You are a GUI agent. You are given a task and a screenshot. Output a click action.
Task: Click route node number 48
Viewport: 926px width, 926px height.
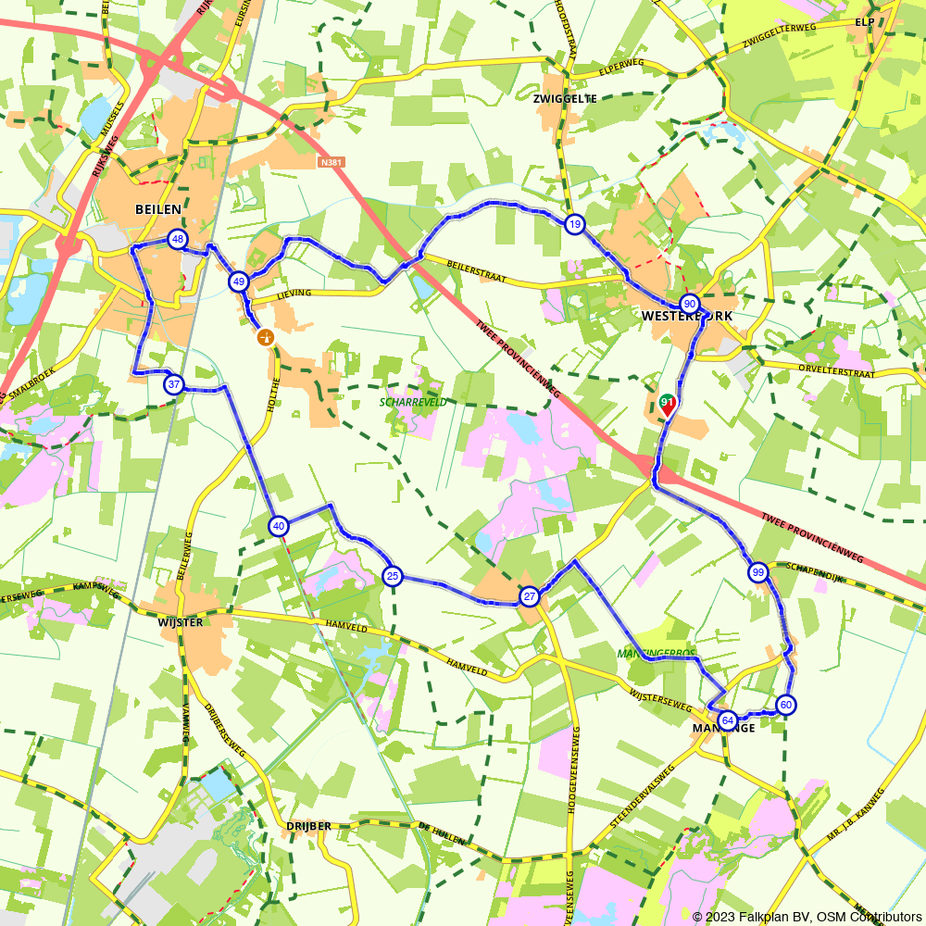tap(178, 240)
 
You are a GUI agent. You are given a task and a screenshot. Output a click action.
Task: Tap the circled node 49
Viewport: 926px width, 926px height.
tap(239, 282)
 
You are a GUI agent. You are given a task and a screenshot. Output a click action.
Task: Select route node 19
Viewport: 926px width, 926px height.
tap(575, 224)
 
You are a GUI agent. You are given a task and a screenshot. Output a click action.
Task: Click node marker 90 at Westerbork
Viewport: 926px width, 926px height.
tap(689, 304)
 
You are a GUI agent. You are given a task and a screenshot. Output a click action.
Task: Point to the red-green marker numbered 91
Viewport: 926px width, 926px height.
tap(667, 404)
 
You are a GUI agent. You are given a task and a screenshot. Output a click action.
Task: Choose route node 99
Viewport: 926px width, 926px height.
tap(758, 572)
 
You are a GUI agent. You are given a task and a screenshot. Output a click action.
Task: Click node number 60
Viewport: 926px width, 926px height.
tap(786, 706)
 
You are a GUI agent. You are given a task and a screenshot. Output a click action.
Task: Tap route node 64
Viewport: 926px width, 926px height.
tap(728, 720)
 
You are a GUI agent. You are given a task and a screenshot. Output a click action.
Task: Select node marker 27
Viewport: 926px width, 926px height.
tap(530, 596)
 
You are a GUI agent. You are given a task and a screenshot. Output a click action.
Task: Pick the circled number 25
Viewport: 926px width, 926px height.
tap(393, 577)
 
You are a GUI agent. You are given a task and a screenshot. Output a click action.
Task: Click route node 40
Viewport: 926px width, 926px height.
tap(279, 527)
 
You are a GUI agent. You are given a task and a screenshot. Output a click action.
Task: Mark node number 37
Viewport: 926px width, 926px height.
tap(174, 384)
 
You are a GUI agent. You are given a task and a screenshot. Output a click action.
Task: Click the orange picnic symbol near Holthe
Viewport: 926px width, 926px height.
tap(266, 337)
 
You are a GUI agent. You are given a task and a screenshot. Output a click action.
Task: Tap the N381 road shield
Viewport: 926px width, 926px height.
tap(329, 163)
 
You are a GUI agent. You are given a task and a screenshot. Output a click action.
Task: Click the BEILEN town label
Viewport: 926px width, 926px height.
tap(157, 210)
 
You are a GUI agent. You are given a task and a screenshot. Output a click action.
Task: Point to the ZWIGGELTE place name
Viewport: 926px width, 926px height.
tap(565, 98)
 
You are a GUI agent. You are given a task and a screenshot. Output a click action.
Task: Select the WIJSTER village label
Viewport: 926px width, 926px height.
tap(180, 622)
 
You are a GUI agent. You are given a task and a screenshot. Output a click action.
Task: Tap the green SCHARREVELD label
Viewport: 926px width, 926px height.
tap(413, 403)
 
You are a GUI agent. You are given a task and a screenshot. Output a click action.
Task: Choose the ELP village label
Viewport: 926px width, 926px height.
tap(865, 21)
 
